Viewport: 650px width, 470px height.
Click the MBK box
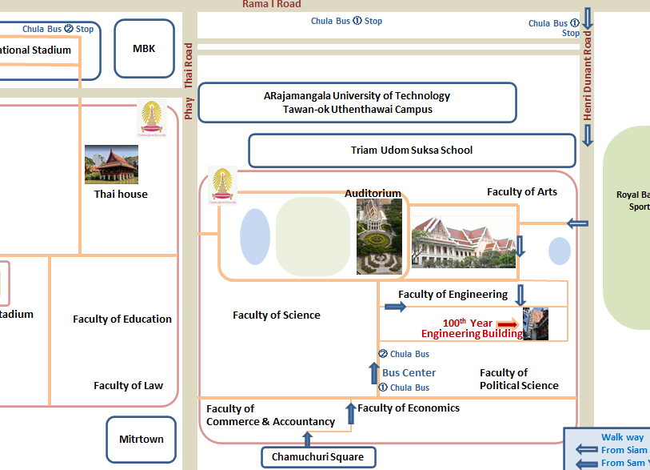coord(144,49)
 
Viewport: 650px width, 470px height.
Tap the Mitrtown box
coord(141,439)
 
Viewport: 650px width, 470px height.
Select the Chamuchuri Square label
coord(318,457)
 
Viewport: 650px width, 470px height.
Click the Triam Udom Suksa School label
coord(412,150)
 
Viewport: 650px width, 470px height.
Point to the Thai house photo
coord(111,164)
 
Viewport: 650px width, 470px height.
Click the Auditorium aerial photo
coord(380,236)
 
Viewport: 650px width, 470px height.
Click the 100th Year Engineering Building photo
coord(536,323)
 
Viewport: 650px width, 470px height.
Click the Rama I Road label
coord(272,5)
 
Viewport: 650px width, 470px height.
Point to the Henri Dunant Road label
coord(588,77)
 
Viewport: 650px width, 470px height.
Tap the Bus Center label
coord(409,372)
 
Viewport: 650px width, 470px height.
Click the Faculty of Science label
coord(277,315)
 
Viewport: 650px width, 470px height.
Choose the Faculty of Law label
coord(128,386)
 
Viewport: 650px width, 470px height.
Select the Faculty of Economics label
coord(409,408)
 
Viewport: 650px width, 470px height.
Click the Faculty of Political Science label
coord(519,379)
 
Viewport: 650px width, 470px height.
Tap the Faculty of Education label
coord(122,319)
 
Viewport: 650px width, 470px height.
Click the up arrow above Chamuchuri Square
coord(306,438)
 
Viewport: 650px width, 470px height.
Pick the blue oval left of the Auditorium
coord(255,236)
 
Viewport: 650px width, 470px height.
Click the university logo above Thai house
coord(150,117)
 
